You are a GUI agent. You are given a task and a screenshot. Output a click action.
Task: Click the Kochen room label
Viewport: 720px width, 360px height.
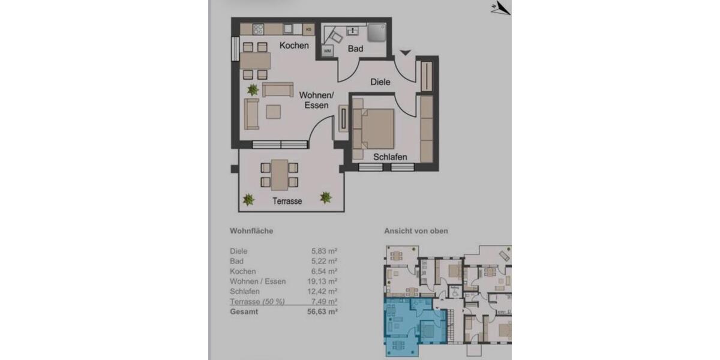[294, 46]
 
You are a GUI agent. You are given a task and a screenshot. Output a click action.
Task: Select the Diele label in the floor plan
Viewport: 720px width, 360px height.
[380, 82]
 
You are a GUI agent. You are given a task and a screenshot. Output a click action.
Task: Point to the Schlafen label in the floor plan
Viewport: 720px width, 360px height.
[390, 157]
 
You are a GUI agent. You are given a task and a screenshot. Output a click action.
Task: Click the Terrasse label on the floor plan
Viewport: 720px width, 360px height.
[287, 202]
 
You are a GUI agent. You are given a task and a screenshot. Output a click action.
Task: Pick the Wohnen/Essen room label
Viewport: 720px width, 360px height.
[316, 100]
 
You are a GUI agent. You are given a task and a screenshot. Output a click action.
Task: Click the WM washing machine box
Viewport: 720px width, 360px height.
[328, 52]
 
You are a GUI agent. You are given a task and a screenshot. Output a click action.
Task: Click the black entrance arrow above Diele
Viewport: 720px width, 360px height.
[405, 53]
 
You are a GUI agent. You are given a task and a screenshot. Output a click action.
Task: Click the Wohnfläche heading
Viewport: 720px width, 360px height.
[251, 231]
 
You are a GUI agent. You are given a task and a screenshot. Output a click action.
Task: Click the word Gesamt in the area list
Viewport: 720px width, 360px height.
[245, 312]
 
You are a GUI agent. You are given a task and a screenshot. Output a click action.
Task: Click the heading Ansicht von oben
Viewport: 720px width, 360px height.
[416, 231]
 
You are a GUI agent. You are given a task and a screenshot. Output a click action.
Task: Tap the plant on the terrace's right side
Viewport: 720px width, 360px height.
[326, 197]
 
